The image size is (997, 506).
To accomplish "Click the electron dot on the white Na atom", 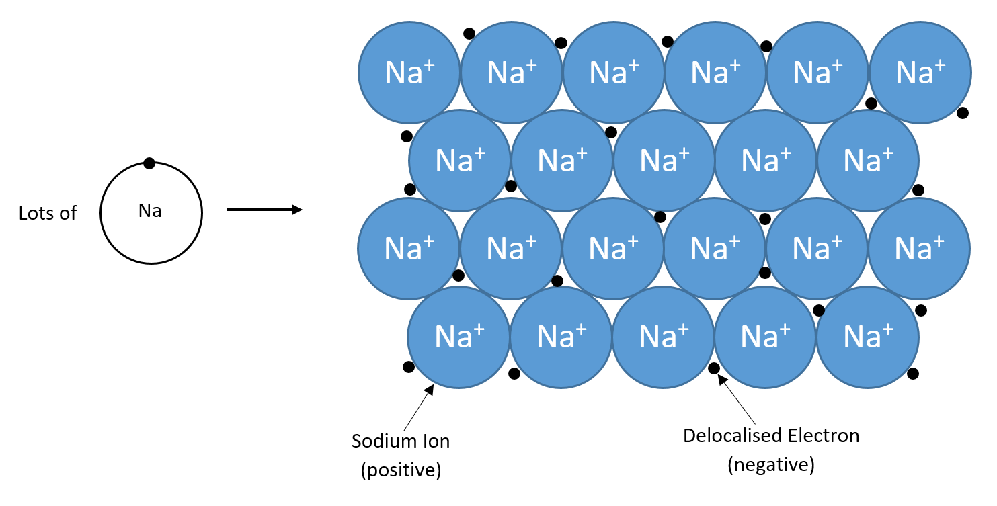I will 149,163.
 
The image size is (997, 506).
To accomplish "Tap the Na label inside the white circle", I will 150,211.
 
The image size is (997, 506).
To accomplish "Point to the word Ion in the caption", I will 435,441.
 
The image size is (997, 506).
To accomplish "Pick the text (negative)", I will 771,465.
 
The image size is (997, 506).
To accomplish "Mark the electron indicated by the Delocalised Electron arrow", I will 714,368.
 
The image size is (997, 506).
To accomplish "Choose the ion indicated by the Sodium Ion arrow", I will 459,337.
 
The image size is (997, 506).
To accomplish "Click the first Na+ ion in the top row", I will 409,73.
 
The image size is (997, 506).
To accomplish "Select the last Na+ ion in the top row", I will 920,73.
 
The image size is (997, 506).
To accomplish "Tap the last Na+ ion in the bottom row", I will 867,337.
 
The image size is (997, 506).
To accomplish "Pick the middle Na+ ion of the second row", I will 664,161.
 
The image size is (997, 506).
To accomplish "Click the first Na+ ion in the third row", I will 409,249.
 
